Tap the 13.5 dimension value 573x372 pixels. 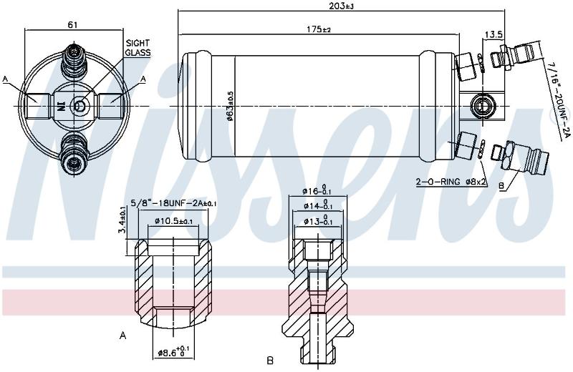click(493, 34)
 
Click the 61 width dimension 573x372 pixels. click(73, 25)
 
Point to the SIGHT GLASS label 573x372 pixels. click(138, 48)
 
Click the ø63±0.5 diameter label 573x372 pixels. click(230, 105)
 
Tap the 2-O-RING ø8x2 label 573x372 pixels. click(451, 182)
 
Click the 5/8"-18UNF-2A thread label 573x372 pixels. click(173, 203)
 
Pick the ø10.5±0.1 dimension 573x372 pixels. click(173, 221)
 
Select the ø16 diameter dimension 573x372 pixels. click(317, 191)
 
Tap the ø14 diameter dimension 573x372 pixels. click(317, 206)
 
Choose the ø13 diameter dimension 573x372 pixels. click(317, 222)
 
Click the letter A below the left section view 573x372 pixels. click(122, 335)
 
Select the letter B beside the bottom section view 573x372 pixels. click(270, 361)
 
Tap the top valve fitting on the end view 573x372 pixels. click(74, 62)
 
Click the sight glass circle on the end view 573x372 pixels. click(80, 106)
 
